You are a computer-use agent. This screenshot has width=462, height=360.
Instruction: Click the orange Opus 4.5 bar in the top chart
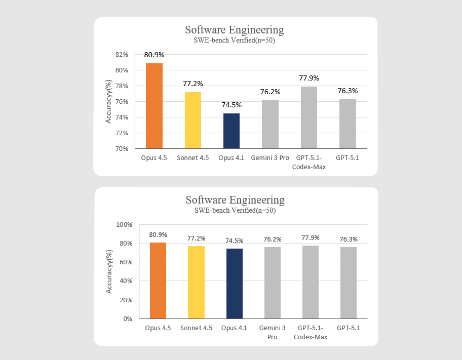(154, 106)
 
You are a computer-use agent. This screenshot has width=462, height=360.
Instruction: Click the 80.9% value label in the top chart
(154, 55)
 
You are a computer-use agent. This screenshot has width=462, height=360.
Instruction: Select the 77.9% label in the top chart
(309, 78)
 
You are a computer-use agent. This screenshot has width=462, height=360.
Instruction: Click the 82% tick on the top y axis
(122, 54)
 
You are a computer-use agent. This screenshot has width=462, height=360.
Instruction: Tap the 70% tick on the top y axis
(122, 149)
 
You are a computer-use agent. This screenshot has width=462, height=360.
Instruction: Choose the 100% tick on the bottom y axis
(124, 224)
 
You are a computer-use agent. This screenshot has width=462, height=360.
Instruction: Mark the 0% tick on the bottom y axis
(127, 319)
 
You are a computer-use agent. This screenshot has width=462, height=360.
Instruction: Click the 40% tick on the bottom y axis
(125, 281)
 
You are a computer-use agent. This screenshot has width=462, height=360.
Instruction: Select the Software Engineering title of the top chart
(235, 30)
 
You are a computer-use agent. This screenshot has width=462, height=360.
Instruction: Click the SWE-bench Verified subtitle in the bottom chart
(235, 210)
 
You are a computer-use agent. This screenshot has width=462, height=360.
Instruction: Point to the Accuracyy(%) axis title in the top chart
(108, 102)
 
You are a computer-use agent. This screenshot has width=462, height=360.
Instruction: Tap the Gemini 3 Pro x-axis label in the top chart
(270, 158)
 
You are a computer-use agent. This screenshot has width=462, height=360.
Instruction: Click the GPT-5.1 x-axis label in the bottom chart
(349, 328)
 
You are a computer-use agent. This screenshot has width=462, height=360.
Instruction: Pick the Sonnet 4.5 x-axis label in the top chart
(192, 158)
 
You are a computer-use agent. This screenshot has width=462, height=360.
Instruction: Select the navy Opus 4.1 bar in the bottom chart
(235, 284)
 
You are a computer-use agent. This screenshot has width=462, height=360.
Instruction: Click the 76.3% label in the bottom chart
(349, 239)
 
